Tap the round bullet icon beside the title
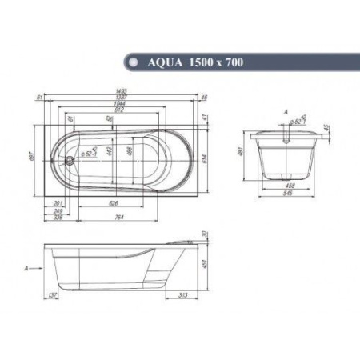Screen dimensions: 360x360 tap(130, 61)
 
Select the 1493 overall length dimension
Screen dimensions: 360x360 tap(119, 92)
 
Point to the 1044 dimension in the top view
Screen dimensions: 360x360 tap(119, 105)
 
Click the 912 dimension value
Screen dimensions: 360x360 tap(119, 111)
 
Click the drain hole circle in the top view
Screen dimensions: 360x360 tap(70, 158)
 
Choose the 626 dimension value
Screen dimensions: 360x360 tap(114, 203)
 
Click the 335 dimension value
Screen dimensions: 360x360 tap(58, 216)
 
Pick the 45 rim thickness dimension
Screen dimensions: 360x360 tap(326, 128)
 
